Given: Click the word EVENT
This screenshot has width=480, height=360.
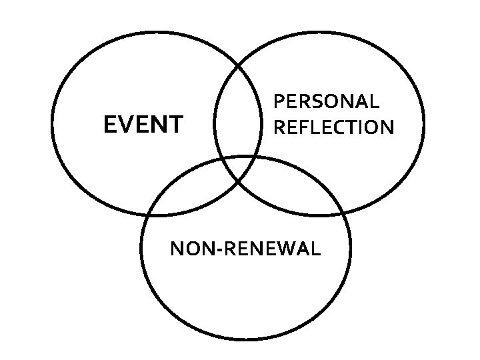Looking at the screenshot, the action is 143,125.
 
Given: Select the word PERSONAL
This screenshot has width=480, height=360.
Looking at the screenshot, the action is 327,102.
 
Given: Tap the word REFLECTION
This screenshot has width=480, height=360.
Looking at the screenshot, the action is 334,127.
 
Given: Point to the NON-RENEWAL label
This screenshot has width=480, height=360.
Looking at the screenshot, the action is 245,249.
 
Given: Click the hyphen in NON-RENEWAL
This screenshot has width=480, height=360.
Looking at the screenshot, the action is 222,251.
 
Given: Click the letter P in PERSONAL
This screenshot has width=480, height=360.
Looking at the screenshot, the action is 280,102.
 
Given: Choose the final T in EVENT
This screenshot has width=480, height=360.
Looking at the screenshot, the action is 175,125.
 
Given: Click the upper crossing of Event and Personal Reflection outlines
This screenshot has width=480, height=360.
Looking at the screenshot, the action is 238,65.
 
